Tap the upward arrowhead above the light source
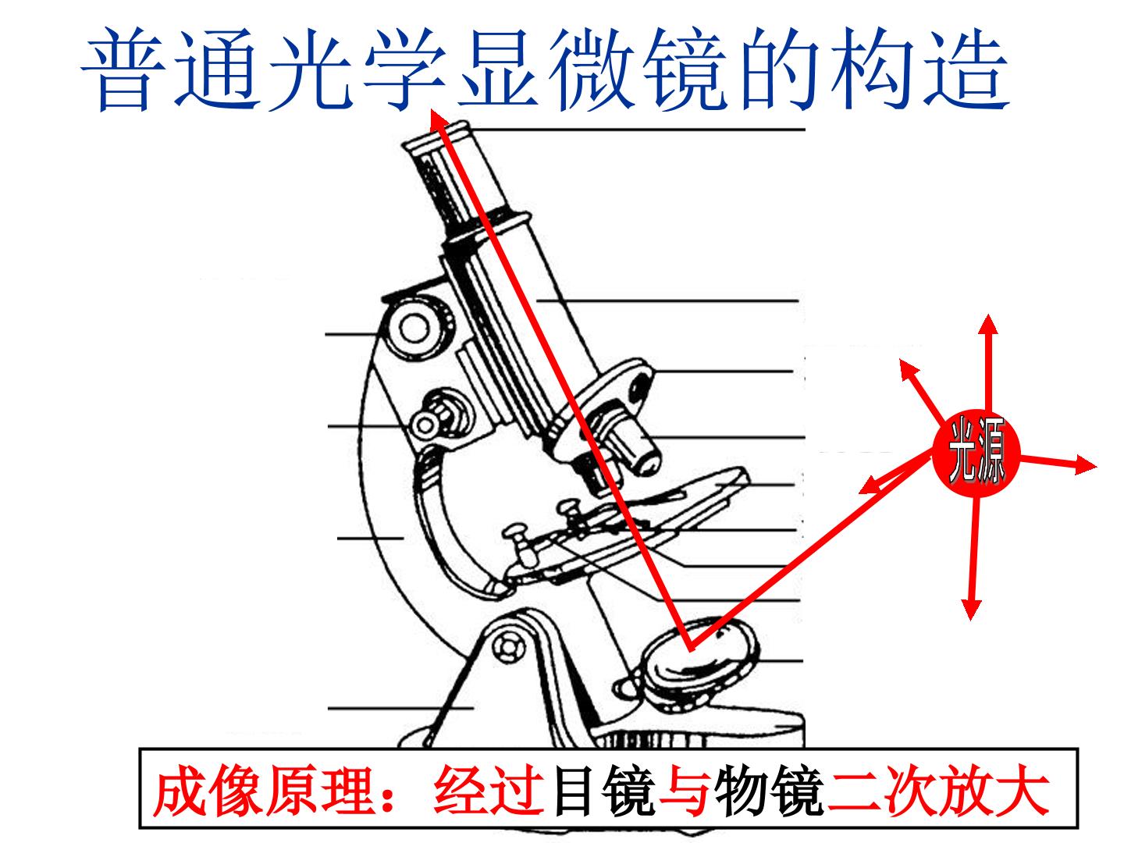pos(988,324)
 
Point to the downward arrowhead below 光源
pos(971,609)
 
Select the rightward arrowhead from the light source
pos(1086,464)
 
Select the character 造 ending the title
pos(966,69)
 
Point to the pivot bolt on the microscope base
pos(508,648)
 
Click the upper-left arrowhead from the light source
pos(909,369)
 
